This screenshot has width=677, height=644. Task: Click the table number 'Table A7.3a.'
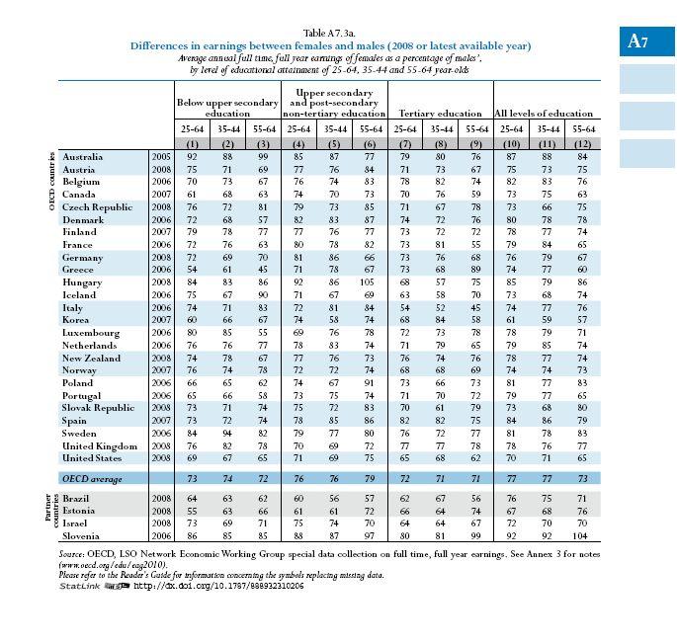[x=329, y=34]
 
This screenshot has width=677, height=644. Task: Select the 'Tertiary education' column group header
[x=440, y=114]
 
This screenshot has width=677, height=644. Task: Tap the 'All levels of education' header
[x=544, y=114]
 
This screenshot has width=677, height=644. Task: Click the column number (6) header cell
[x=370, y=144]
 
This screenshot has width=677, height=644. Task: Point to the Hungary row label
[x=82, y=282]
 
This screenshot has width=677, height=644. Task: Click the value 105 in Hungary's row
[x=370, y=282]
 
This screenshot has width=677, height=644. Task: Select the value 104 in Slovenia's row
[x=580, y=536]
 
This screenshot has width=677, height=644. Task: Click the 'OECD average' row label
[x=92, y=479]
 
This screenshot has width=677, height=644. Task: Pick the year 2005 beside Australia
[x=161, y=157]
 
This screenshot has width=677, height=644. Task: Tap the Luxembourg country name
[x=91, y=333]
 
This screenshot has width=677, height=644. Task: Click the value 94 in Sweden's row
[x=227, y=434]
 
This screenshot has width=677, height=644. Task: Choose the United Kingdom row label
[x=100, y=446]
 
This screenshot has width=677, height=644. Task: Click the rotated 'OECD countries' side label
[x=51, y=182]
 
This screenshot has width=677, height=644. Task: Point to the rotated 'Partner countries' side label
[x=51, y=511]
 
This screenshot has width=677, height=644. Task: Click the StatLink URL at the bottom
[x=218, y=586]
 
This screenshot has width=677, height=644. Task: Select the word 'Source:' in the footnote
[x=71, y=554]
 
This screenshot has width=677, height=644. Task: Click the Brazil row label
[x=75, y=499]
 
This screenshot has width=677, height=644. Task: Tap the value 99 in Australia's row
[x=263, y=157]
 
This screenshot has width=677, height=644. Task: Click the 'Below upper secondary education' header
[x=227, y=108]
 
